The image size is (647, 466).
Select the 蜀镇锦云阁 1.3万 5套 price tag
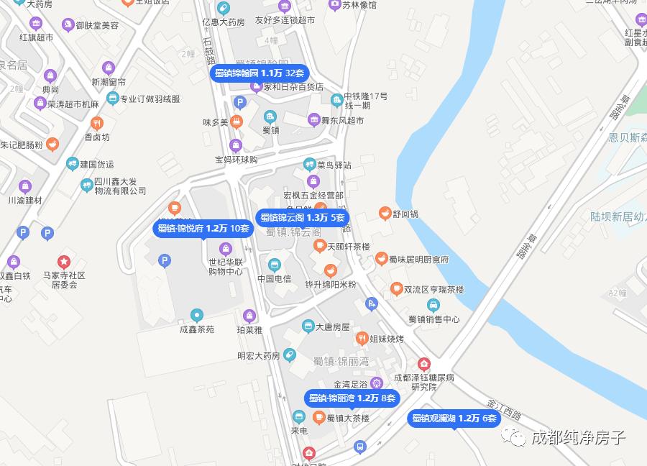point(303,218)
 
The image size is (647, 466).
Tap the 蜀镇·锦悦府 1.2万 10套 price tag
point(203,229)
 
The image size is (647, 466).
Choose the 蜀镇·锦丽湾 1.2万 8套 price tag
point(352,398)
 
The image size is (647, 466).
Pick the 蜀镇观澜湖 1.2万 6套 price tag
point(454,419)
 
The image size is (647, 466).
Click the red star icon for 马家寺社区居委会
point(64,262)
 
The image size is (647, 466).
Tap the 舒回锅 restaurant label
point(405,214)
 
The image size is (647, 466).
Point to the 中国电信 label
point(274,278)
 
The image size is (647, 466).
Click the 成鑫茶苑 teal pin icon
point(197,315)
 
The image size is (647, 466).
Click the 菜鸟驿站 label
point(334,165)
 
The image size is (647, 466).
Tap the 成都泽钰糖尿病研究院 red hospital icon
point(424,364)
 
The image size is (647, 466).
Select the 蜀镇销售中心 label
point(433,319)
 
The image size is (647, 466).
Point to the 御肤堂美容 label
point(97,24)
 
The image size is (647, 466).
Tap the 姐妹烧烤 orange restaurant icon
point(363,338)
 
